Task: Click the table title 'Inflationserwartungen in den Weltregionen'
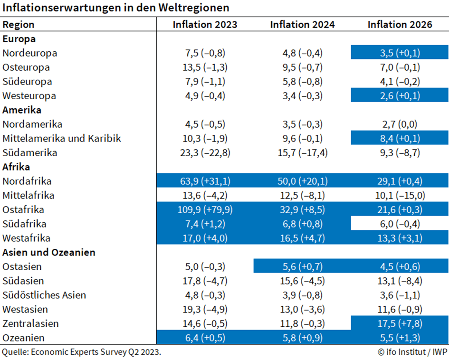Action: [115, 8]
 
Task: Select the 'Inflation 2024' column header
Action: [302, 24]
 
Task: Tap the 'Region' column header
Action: [19, 25]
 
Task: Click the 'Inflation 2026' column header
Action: [400, 24]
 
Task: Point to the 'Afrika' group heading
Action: [16, 167]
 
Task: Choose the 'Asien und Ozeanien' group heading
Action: [48, 252]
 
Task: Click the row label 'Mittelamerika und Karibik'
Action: [62, 139]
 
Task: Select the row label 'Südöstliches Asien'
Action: [44, 295]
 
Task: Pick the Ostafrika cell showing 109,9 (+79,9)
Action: [205, 210]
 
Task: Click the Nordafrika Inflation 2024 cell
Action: [302, 181]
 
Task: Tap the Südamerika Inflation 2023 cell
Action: [205, 153]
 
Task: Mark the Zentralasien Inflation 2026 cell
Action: [400, 323]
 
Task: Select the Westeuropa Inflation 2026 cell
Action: [400, 96]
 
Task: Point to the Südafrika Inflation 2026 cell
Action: [400, 224]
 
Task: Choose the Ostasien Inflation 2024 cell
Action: [302, 267]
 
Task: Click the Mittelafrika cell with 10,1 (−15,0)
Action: [400, 196]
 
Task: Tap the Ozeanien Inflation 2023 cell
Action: [205, 338]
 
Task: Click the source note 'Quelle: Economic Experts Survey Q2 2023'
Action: [81, 352]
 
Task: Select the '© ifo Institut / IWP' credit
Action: [412, 352]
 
